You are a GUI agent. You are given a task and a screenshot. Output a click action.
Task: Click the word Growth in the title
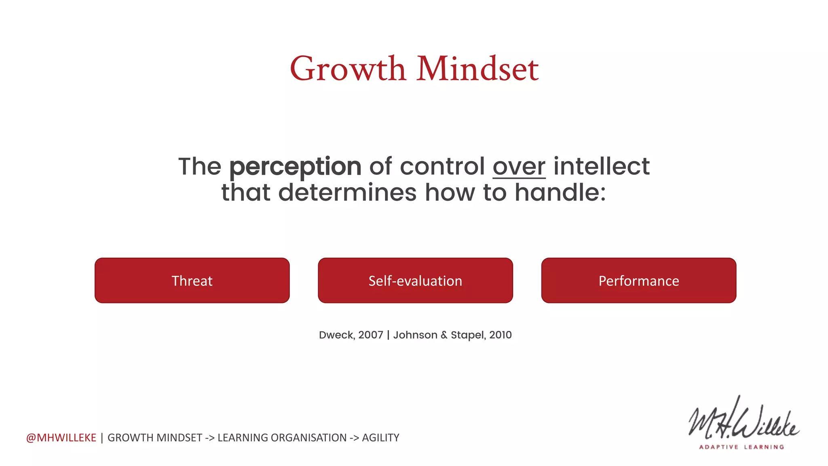point(348,69)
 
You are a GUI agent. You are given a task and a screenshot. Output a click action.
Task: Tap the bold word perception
point(295,167)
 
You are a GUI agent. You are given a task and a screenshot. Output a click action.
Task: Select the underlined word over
point(519,167)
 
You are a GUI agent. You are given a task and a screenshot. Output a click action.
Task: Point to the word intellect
point(601,167)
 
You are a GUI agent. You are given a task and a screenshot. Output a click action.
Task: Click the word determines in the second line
point(347,193)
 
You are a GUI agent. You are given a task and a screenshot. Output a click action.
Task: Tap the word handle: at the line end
point(560,193)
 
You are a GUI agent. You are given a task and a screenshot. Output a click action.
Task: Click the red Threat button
point(192,281)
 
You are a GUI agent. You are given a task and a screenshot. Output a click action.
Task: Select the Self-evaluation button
point(415,281)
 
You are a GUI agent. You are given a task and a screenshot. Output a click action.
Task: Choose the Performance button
point(639,281)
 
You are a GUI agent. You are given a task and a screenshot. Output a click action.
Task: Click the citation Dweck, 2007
point(351,335)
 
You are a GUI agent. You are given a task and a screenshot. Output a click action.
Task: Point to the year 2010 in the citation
point(501,335)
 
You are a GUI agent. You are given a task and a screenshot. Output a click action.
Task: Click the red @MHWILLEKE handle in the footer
point(61,438)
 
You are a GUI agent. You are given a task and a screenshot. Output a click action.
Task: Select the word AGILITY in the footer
point(380,438)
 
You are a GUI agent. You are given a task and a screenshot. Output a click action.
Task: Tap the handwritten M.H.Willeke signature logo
point(743,421)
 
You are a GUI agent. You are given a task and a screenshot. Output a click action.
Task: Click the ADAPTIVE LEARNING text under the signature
point(741,447)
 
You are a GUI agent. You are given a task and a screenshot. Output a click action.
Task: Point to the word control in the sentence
point(442,167)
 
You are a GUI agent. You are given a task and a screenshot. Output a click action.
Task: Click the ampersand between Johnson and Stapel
point(444,335)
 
